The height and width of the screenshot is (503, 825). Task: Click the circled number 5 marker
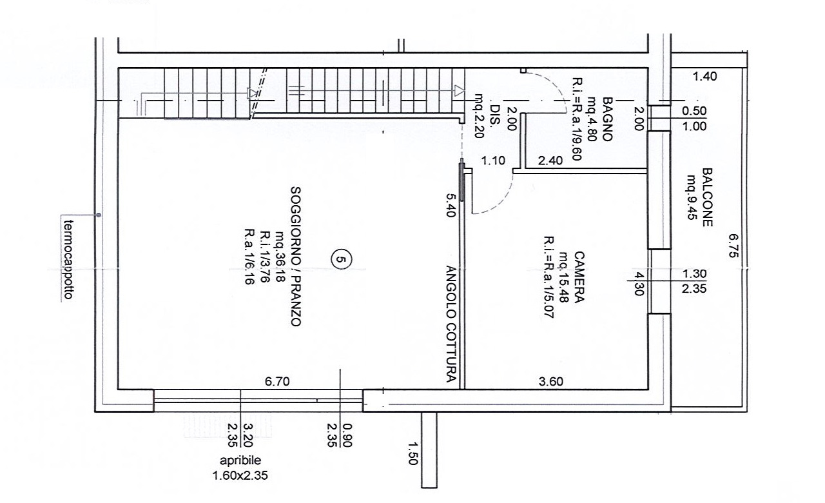[342, 259]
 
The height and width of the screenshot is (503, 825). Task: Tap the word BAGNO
[607, 119]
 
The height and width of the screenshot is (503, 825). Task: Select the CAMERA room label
[579, 277]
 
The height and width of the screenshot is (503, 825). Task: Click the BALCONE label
[708, 197]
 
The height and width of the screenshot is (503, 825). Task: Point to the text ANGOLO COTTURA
[452, 324]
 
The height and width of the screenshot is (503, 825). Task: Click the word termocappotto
[69, 259]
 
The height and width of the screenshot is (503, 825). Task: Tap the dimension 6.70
[277, 381]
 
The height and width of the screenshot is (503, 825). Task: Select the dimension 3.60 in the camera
[551, 381]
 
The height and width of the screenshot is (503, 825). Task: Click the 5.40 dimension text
[451, 206]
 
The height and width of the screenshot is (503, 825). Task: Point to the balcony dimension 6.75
[733, 246]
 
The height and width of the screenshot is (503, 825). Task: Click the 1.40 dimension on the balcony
[705, 76]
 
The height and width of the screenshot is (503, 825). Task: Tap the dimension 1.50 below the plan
[413, 453]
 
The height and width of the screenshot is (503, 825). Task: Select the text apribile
[240, 460]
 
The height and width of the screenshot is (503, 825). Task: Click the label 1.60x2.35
[240, 475]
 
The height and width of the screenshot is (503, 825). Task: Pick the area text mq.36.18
[280, 257]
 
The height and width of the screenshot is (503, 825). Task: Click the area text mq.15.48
[563, 277]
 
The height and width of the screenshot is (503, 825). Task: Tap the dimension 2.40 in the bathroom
[550, 161]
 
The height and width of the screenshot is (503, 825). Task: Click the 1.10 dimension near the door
[493, 161]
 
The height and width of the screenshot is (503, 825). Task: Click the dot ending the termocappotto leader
[99, 215]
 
